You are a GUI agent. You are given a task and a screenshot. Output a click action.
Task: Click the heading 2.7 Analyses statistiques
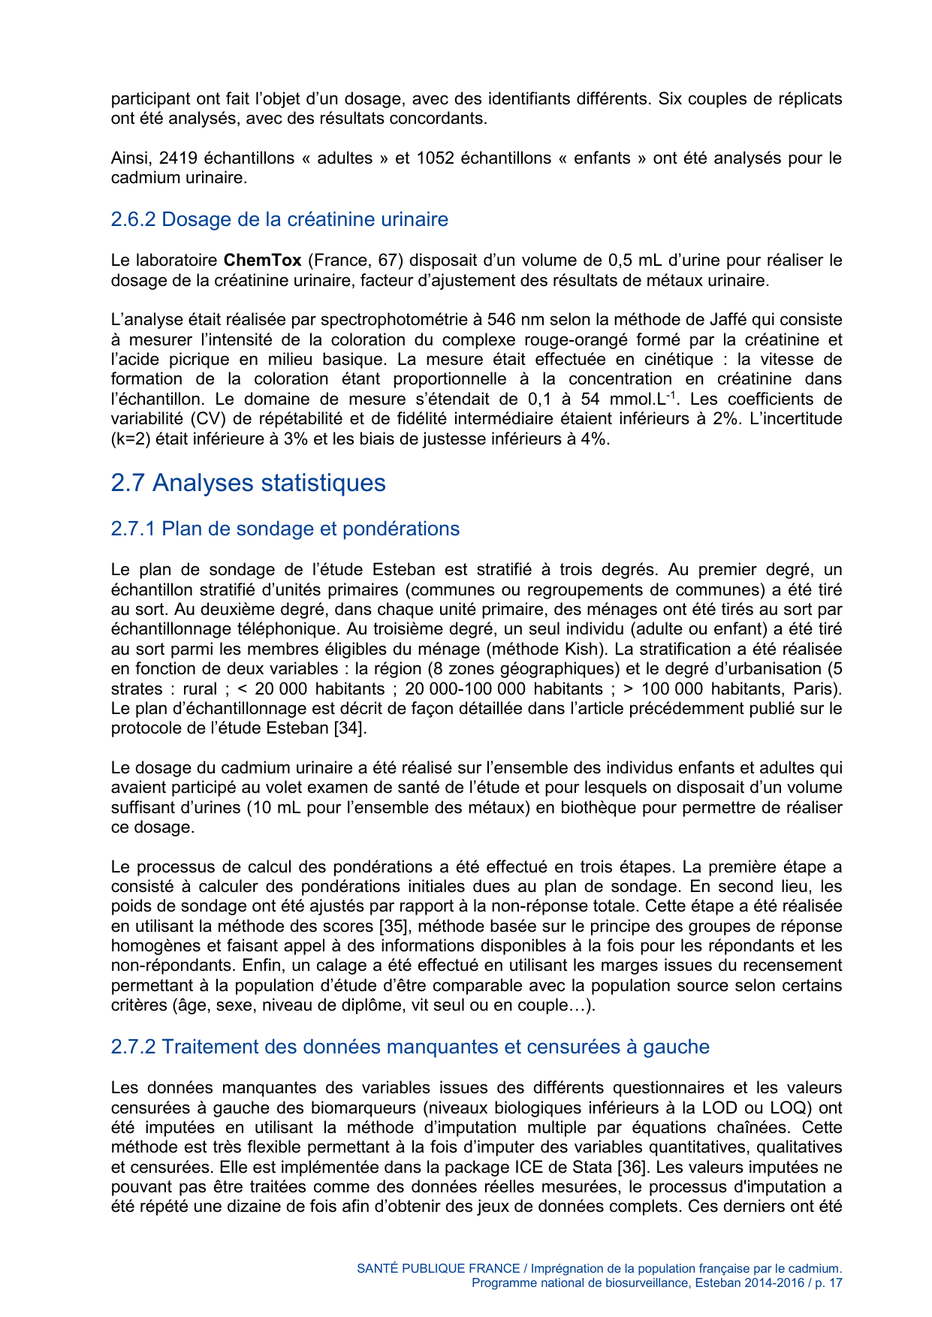[x=248, y=483]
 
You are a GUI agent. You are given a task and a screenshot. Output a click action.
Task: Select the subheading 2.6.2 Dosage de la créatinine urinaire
[x=279, y=219]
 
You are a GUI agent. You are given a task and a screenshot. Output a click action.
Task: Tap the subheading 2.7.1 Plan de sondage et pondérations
[x=285, y=529]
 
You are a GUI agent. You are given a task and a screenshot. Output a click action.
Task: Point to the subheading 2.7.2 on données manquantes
[x=409, y=1047]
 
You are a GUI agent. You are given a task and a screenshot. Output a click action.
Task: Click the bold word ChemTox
[x=262, y=261]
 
